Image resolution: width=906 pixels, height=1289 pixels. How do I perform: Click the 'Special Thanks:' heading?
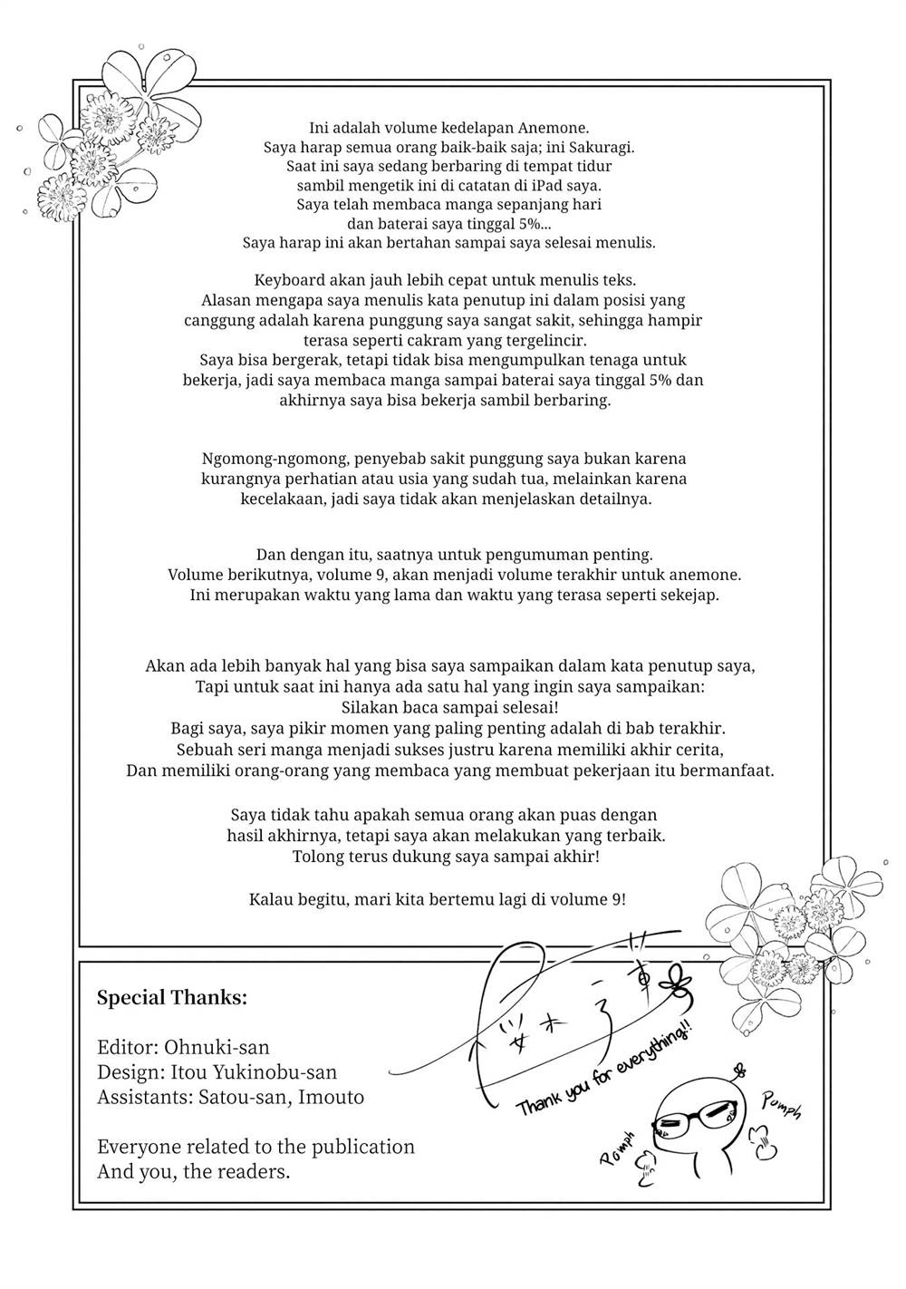click(172, 998)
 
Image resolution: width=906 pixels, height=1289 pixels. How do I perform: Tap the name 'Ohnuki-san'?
click(217, 1047)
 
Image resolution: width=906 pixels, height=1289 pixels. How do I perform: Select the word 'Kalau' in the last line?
click(271, 899)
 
